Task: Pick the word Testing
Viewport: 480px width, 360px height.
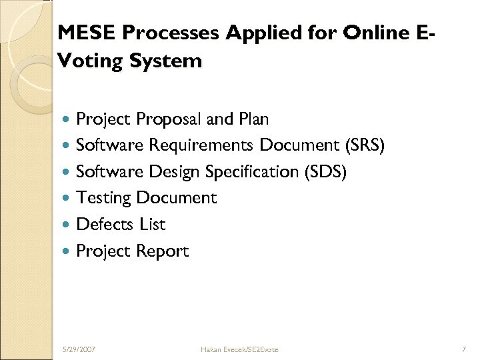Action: tap(104, 198)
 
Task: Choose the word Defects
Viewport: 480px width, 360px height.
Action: tap(106, 225)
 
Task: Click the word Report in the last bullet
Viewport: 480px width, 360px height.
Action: tap(163, 251)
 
